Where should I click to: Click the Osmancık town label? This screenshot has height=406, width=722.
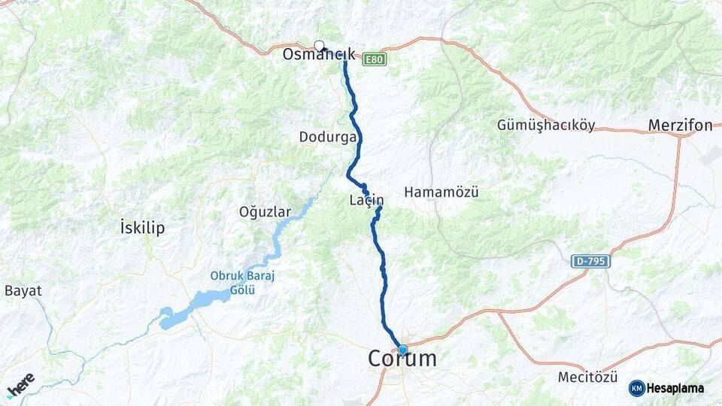319,55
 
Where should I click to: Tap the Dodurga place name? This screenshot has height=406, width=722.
326,137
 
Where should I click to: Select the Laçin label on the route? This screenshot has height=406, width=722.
366,200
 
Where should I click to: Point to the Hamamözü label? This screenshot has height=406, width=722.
441,192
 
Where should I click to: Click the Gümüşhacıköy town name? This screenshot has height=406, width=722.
546,126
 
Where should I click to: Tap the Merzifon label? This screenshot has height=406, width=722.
680,126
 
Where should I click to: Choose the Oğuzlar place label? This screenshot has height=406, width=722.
264,211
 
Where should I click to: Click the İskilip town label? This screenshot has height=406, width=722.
142,227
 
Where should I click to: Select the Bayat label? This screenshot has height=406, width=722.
23,290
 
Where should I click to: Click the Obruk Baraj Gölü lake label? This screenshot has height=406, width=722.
243,283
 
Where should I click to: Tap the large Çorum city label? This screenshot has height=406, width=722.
402,360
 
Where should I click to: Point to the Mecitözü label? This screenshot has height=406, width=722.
587,377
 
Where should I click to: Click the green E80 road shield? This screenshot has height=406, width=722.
374,59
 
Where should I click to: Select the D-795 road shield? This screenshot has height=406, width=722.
590,261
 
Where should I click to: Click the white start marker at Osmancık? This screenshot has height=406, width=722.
319,45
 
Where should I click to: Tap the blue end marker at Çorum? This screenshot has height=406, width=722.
402,350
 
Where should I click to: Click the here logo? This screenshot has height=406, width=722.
20,384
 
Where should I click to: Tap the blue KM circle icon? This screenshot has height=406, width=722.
636,388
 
